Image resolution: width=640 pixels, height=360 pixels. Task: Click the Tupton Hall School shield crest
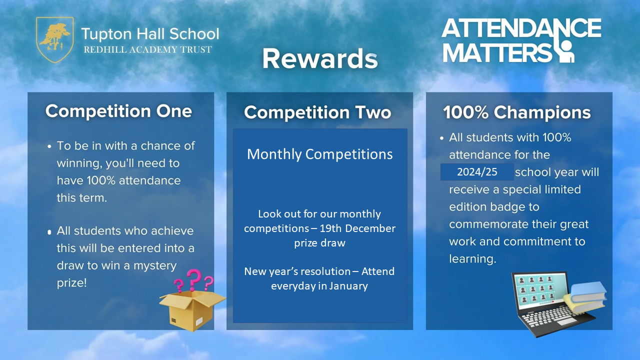[x=55, y=39]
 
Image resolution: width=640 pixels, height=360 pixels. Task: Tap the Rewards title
[x=320, y=59]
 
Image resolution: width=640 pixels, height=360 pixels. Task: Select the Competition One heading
[x=118, y=111]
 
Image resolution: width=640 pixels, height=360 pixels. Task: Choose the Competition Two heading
[x=317, y=112]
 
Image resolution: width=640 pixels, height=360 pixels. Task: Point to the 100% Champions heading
[x=517, y=112]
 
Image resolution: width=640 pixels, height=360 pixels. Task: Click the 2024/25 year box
[x=477, y=172]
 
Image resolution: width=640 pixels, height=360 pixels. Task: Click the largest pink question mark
[x=194, y=280]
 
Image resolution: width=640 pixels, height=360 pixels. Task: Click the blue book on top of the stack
[x=588, y=291]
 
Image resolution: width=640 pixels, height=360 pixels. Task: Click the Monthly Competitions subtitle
[x=319, y=154]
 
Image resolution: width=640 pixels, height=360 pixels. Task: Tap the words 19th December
[x=357, y=228]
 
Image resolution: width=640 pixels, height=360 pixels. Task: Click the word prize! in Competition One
[x=71, y=283]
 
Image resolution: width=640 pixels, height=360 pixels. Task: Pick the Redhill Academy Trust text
[x=147, y=49]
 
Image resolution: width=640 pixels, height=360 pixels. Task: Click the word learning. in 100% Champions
[x=472, y=259]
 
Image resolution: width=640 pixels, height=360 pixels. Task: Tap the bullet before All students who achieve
[x=49, y=232]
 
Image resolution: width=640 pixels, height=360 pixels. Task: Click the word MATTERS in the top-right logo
[x=497, y=53]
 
